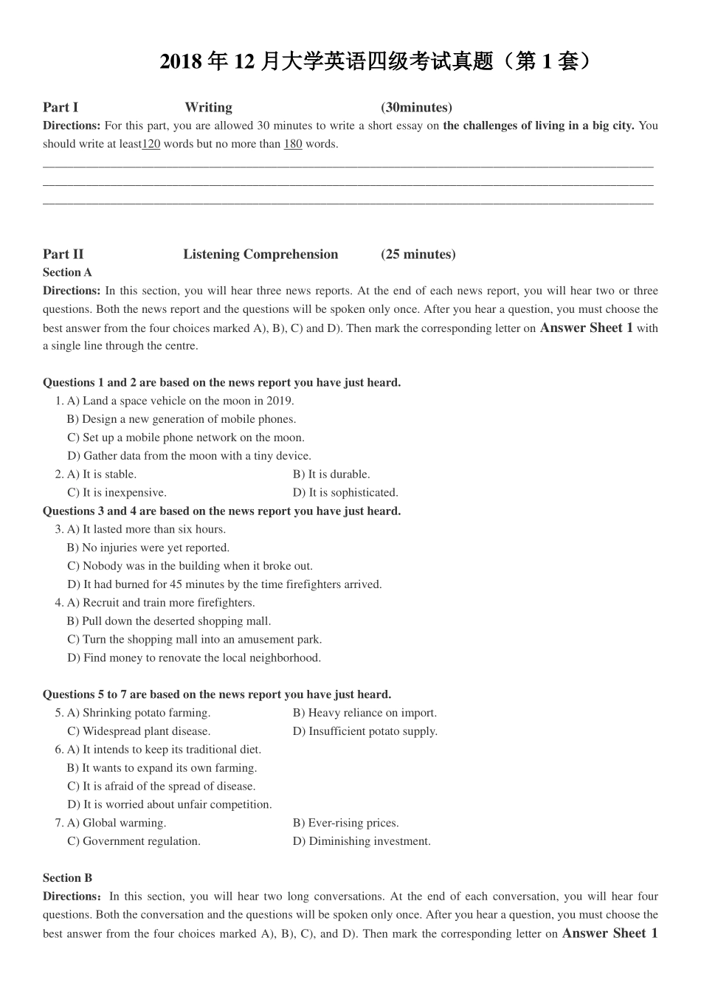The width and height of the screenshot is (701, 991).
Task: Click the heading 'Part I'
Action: click(61, 108)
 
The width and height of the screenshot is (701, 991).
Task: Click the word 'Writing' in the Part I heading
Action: click(208, 108)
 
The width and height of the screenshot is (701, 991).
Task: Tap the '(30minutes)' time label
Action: click(417, 108)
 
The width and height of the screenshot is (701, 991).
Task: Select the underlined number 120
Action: click(151, 144)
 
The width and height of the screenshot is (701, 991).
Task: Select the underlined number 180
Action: click(293, 144)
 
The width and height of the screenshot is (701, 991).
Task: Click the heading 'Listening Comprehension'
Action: click(260, 255)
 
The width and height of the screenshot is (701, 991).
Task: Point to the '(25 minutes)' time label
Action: click(418, 255)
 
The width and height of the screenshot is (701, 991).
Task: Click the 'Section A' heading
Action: click(67, 272)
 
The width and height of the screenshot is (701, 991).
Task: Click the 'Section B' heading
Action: click(67, 878)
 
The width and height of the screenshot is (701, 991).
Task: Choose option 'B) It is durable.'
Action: click(331, 474)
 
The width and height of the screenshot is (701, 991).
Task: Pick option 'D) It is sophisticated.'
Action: click(345, 493)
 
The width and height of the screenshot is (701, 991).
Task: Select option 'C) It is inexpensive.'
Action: click(117, 493)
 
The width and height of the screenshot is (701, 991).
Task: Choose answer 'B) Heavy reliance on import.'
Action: click(365, 713)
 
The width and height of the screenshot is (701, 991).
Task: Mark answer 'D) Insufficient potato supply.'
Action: click(365, 731)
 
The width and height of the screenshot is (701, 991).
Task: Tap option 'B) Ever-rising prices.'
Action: click(345, 823)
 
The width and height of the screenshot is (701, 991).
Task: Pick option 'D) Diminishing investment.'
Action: click(362, 841)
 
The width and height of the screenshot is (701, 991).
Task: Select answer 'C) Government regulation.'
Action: click(134, 841)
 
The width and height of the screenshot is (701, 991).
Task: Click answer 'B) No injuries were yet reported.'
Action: click(148, 548)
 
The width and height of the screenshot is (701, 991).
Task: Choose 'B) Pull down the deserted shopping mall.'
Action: click(169, 621)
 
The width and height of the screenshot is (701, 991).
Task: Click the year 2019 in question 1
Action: click(280, 401)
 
